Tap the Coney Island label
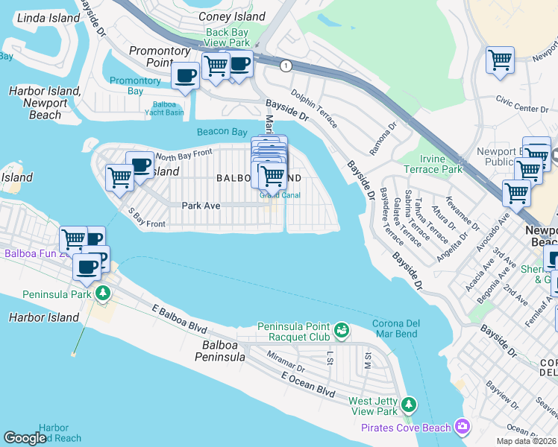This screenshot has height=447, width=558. tap(231, 16)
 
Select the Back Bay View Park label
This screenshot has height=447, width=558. tap(228, 38)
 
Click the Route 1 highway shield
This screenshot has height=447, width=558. tap(285, 66)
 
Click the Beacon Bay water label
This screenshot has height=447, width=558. tap(222, 132)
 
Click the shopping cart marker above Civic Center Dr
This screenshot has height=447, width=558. tap(499, 60)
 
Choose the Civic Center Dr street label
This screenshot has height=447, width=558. tap(522, 109)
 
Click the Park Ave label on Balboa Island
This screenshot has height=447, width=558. tap(201, 205)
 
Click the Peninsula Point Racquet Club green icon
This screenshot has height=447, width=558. tap(342, 329)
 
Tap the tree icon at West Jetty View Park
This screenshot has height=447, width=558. tap(408, 404)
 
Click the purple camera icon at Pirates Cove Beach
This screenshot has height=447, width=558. tap(463, 427)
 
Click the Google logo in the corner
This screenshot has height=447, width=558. tap(25, 438)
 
